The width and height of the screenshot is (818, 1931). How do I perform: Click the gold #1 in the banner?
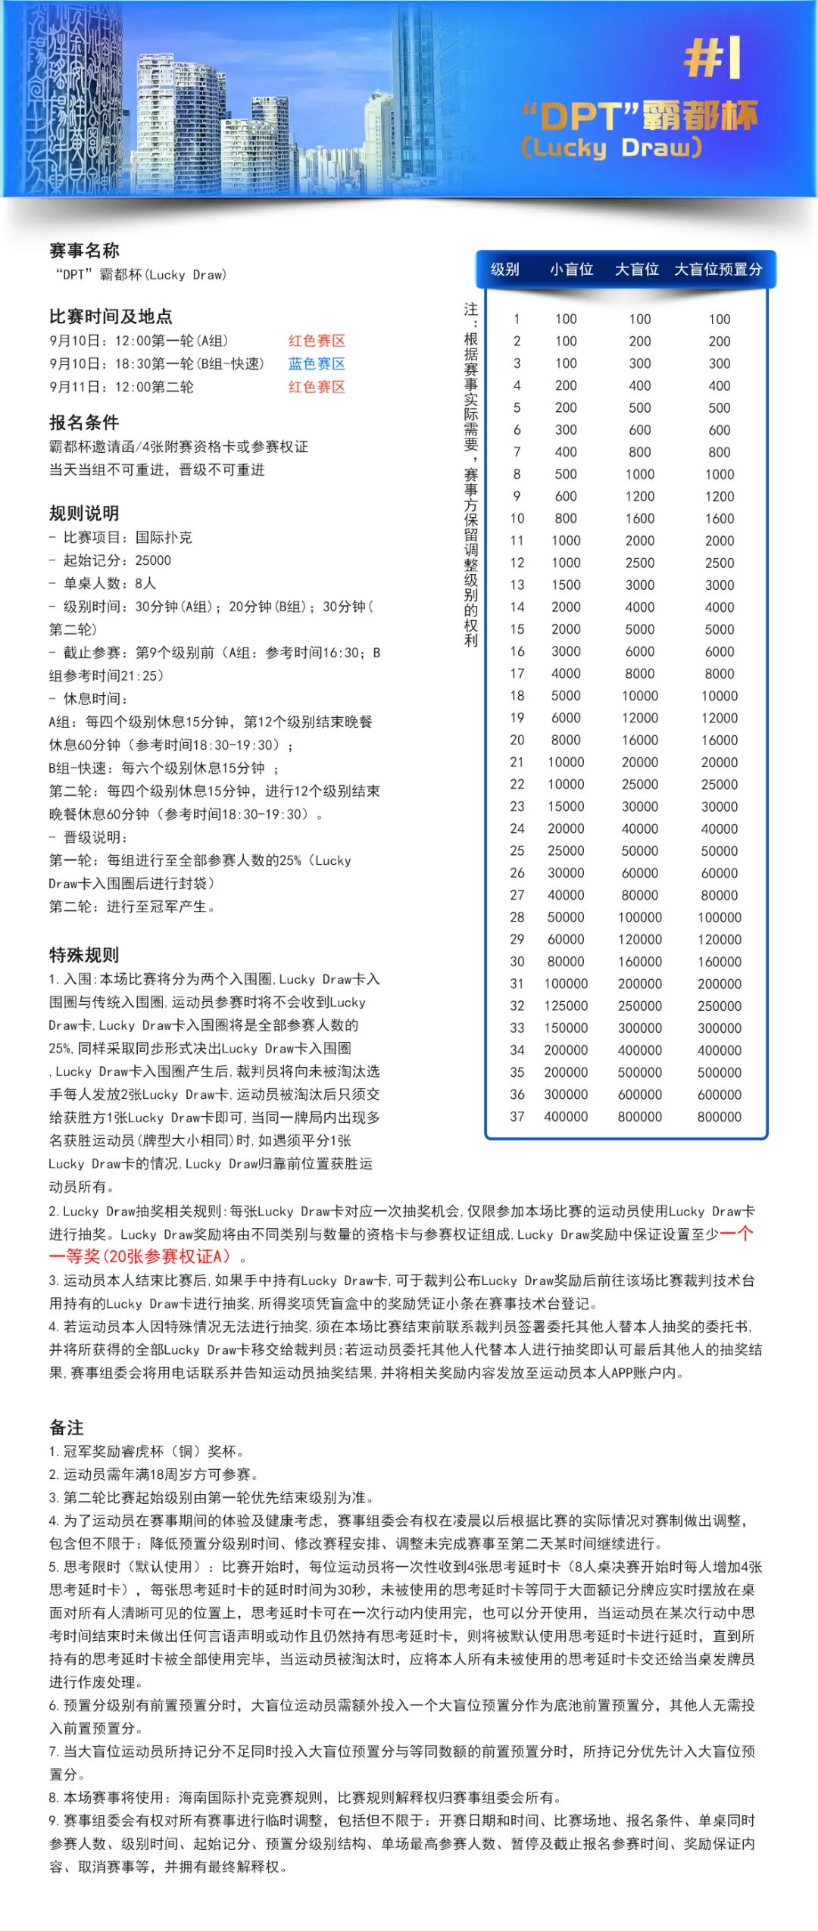tap(712, 58)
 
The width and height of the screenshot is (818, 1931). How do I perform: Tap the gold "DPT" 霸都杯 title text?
tap(639, 117)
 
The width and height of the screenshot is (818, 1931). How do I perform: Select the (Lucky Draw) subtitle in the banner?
tap(611, 147)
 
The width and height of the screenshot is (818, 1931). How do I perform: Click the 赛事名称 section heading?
tap(84, 251)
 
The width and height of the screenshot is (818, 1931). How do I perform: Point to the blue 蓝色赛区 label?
tap(317, 363)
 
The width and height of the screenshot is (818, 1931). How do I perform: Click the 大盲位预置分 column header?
tap(718, 269)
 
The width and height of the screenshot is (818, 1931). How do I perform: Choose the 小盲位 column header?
tap(571, 269)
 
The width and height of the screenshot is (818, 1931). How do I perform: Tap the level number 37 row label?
tap(517, 1116)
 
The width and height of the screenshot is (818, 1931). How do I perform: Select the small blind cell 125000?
tap(566, 1006)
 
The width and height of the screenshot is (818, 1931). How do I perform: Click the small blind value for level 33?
tap(566, 1028)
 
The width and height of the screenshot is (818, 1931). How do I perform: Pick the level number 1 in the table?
tap(517, 319)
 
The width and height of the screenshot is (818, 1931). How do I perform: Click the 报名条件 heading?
tap(84, 423)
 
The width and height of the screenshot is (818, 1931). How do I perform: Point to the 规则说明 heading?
tap(84, 513)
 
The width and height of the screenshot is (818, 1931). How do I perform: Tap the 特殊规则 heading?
tap(84, 955)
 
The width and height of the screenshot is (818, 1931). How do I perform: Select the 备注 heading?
tap(67, 1427)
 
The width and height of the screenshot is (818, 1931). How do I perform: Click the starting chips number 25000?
tap(153, 560)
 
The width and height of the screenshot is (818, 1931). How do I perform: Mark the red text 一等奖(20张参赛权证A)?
tap(139, 1256)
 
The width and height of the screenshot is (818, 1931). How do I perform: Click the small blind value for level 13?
tap(566, 585)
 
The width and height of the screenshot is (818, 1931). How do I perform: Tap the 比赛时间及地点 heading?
tap(111, 317)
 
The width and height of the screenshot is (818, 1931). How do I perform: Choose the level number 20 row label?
tap(517, 740)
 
